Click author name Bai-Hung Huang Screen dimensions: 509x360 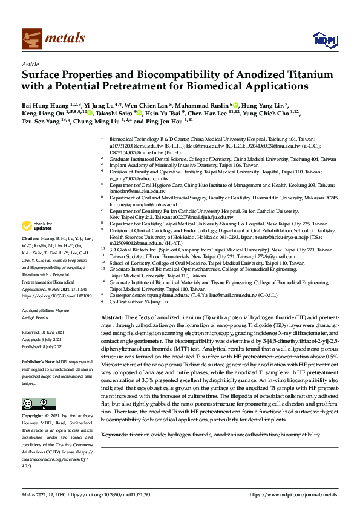point(45,103)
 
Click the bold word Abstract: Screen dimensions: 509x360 point(111,317)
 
